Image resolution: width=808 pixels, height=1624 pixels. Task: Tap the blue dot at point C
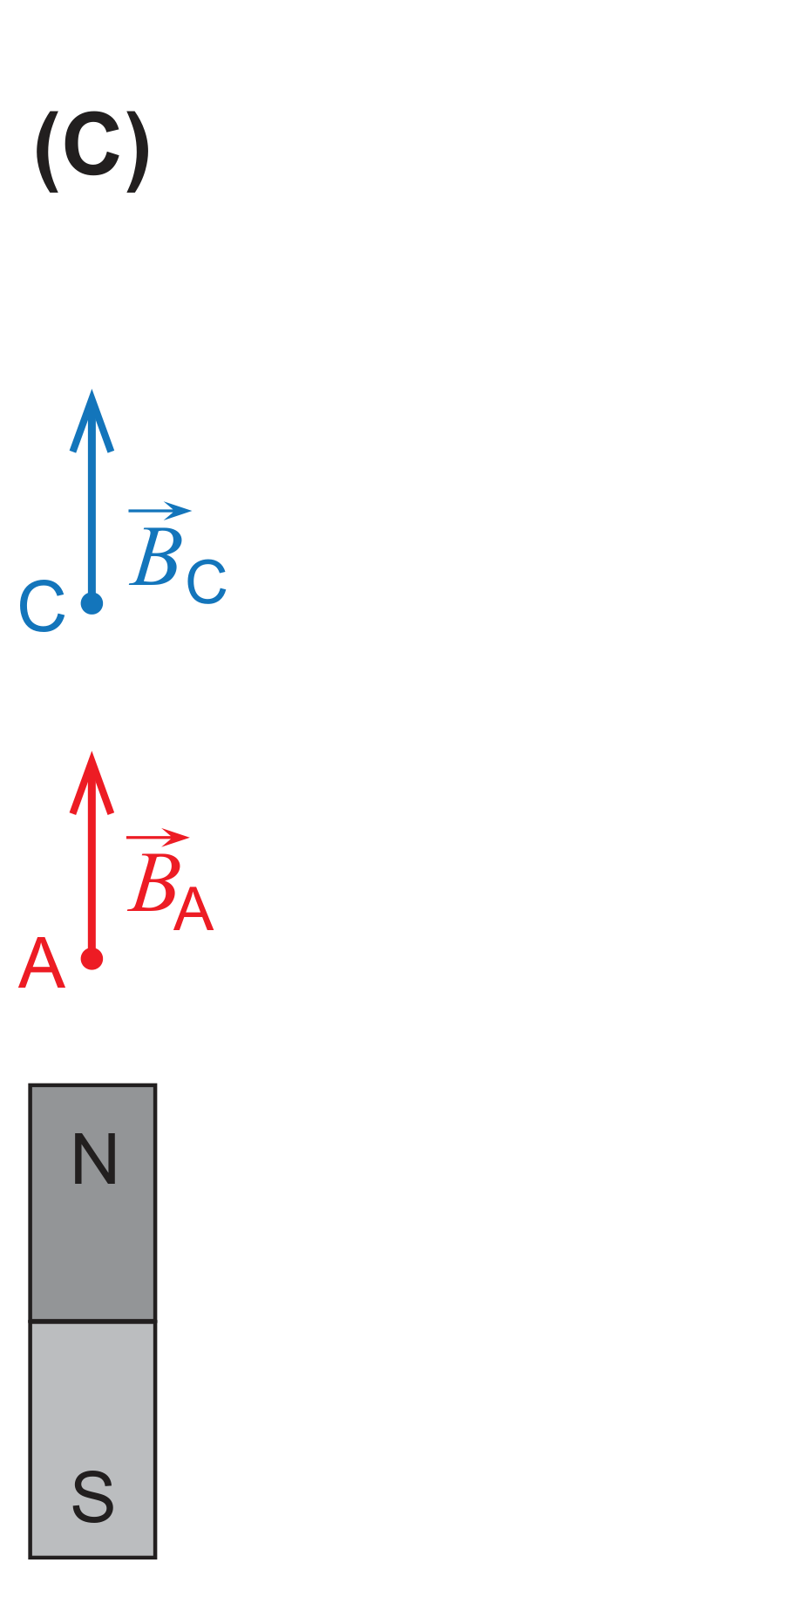pos(92,603)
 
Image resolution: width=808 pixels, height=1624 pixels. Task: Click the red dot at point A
pos(92,959)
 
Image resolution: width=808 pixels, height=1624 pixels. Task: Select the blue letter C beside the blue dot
pos(42,607)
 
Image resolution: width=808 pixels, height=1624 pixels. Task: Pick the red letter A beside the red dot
pos(42,964)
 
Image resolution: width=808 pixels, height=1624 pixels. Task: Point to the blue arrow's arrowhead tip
pos(92,390)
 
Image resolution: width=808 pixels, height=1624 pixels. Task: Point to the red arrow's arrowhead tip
pos(92,751)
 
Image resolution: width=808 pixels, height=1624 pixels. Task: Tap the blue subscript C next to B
pos(207,583)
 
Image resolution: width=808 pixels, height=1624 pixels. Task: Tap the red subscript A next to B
pos(194,910)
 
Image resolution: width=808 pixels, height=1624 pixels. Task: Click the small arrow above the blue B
pos(160,511)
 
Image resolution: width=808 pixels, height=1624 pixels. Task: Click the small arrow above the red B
pos(158,838)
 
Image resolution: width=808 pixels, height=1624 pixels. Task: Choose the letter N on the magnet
pos(94,1159)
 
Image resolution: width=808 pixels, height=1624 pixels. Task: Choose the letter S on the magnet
pos(93,1496)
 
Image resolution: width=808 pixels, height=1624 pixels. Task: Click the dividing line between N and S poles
pos(92,1322)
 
